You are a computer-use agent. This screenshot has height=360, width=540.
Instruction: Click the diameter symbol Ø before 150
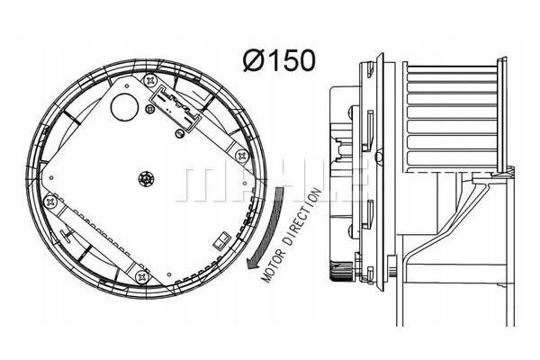click(x=253, y=60)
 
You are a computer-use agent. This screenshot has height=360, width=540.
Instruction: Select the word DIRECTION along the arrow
click(x=304, y=217)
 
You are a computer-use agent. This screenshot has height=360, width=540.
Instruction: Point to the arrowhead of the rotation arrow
click(x=253, y=262)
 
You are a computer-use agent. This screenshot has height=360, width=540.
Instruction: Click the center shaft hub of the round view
click(x=146, y=179)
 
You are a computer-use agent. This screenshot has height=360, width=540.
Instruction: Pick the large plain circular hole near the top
click(x=124, y=106)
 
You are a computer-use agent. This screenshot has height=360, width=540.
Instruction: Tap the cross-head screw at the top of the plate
click(x=150, y=81)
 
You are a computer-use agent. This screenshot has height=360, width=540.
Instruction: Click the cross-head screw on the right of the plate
click(x=242, y=157)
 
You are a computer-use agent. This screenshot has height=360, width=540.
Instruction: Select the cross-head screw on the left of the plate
click(x=50, y=201)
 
